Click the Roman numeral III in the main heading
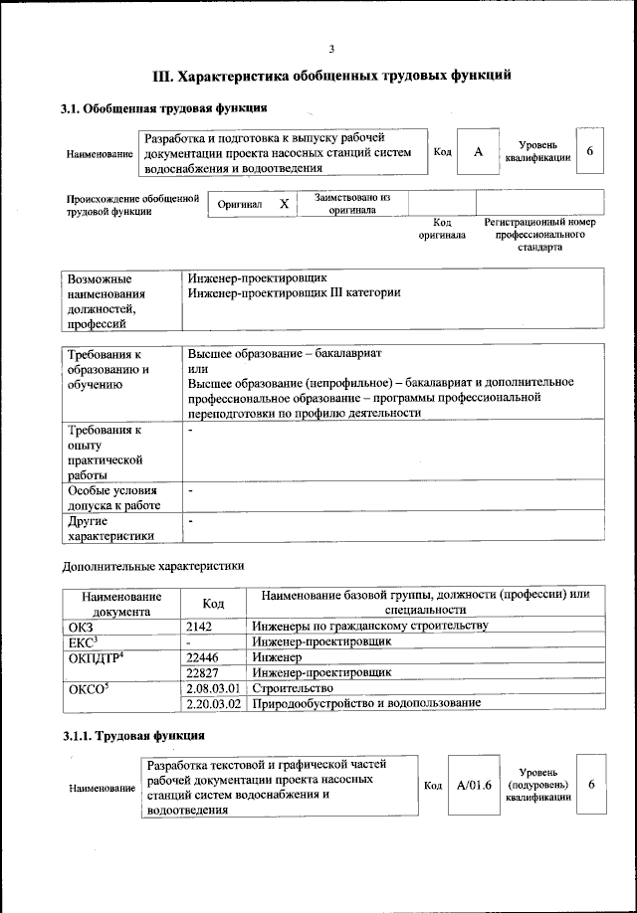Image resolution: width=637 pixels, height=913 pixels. click(162, 75)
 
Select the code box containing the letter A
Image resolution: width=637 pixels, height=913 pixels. click(479, 152)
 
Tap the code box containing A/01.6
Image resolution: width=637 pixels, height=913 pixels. click(474, 785)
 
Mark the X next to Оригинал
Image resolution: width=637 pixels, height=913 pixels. click(284, 203)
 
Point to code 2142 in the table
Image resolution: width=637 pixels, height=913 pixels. click(201, 626)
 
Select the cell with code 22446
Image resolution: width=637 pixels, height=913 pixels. click(204, 657)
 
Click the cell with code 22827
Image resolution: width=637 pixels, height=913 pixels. click(204, 672)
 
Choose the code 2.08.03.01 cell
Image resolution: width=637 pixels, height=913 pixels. click(214, 688)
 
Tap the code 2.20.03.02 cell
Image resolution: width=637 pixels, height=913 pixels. click(214, 703)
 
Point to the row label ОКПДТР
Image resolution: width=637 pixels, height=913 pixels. click(95, 657)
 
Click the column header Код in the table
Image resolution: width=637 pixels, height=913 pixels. click(213, 603)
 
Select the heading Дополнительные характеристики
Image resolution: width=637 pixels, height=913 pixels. click(152, 566)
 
